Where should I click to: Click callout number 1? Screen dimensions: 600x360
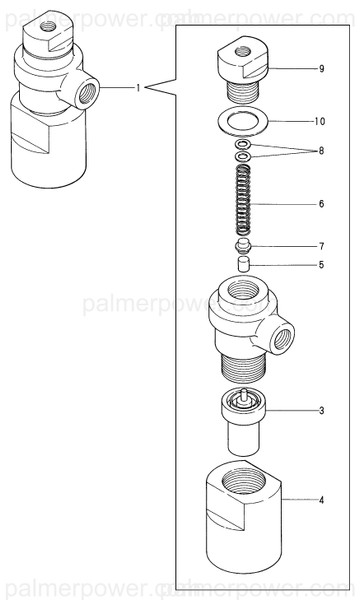(x=138, y=88)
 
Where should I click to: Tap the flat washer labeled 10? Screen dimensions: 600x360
(x=240, y=123)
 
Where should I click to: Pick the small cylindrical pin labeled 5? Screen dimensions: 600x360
(x=241, y=264)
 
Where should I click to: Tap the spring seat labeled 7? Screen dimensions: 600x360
(x=241, y=244)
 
